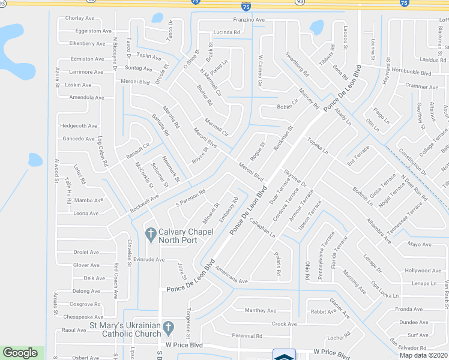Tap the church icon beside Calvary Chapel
click(151, 233)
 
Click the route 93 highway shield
click(300, 2)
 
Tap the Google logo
click(20, 353)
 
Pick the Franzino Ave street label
click(249, 20)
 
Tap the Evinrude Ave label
click(149, 260)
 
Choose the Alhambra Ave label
click(379, 231)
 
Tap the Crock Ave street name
click(285, 324)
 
